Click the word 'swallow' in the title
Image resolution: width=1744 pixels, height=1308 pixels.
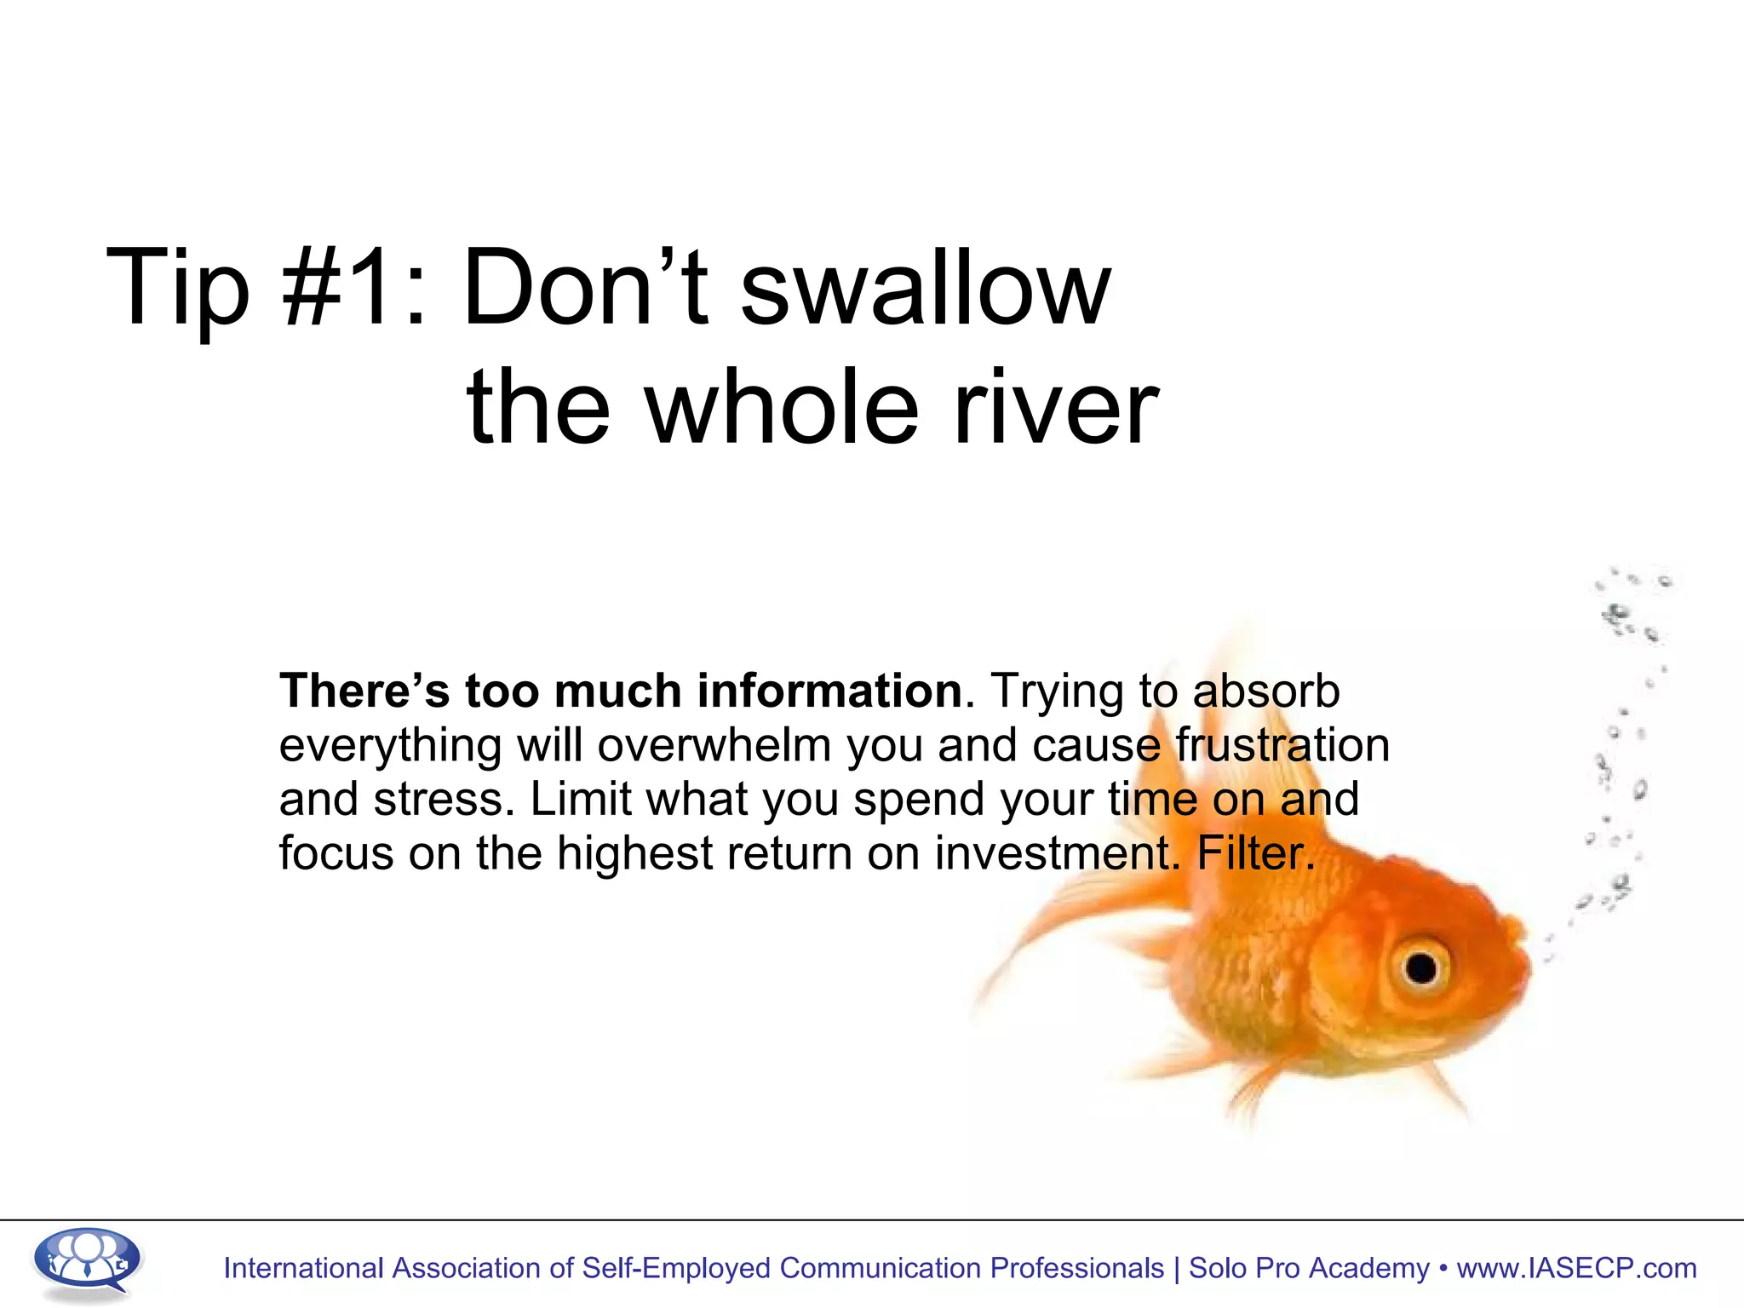click(926, 290)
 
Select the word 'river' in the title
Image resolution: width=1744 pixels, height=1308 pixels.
click(1055, 409)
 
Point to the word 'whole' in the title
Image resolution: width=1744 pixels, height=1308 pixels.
click(783, 409)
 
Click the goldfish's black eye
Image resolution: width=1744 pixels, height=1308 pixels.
click(1420, 967)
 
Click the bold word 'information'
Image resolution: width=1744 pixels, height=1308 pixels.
click(829, 691)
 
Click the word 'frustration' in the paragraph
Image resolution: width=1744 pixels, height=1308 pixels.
click(1282, 746)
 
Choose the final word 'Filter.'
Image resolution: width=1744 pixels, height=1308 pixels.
click(1256, 853)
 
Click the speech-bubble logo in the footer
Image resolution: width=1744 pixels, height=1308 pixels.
click(87, 1262)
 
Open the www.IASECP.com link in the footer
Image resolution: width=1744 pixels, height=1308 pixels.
click(1576, 1268)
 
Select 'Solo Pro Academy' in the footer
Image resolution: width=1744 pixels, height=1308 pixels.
click(1309, 1268)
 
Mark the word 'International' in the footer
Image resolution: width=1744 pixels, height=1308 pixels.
click(303, 1268)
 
